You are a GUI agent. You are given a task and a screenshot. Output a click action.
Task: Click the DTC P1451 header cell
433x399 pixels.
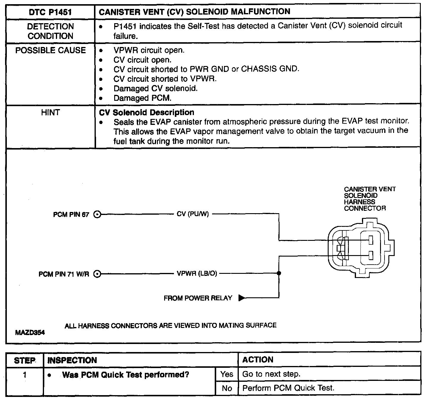[x=50, y=12]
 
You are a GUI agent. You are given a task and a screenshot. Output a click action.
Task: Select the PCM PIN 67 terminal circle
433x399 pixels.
[x=97, y=214]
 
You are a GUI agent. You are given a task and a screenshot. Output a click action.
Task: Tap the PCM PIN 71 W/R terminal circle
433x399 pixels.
[x=97, y=274]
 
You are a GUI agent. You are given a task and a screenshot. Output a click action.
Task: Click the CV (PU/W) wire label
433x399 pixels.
[x=193, y=214]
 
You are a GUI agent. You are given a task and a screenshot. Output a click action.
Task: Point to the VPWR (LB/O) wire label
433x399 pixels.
[x=197, y=274]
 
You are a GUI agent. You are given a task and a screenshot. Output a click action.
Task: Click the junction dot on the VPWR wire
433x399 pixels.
[x=279, y=273]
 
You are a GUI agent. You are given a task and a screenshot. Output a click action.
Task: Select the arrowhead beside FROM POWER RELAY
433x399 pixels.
[x=242, y=298]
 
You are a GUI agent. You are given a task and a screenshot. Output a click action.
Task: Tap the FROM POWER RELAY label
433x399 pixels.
[x=198, y=298]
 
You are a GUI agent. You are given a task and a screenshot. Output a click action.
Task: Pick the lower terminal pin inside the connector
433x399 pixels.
[x=371, y=255]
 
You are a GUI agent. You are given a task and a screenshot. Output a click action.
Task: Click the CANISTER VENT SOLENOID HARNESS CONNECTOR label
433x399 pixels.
[x=369, y=199]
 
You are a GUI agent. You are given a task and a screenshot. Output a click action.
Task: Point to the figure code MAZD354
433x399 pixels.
[x=30, y=333]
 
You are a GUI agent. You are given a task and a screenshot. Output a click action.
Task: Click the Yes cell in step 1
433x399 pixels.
[x=227, y=374]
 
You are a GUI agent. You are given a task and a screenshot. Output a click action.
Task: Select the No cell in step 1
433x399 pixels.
[x=227, y=388]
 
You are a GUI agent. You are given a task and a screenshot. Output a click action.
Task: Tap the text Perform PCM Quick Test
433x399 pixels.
[x=288, y=388]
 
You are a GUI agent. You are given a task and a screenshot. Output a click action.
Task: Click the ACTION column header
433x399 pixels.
[x=258, y=360]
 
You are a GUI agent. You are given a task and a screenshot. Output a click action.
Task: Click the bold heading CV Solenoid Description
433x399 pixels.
[x=146, y=112]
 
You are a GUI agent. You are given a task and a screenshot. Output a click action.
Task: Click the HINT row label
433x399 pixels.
[x=50, y=112]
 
